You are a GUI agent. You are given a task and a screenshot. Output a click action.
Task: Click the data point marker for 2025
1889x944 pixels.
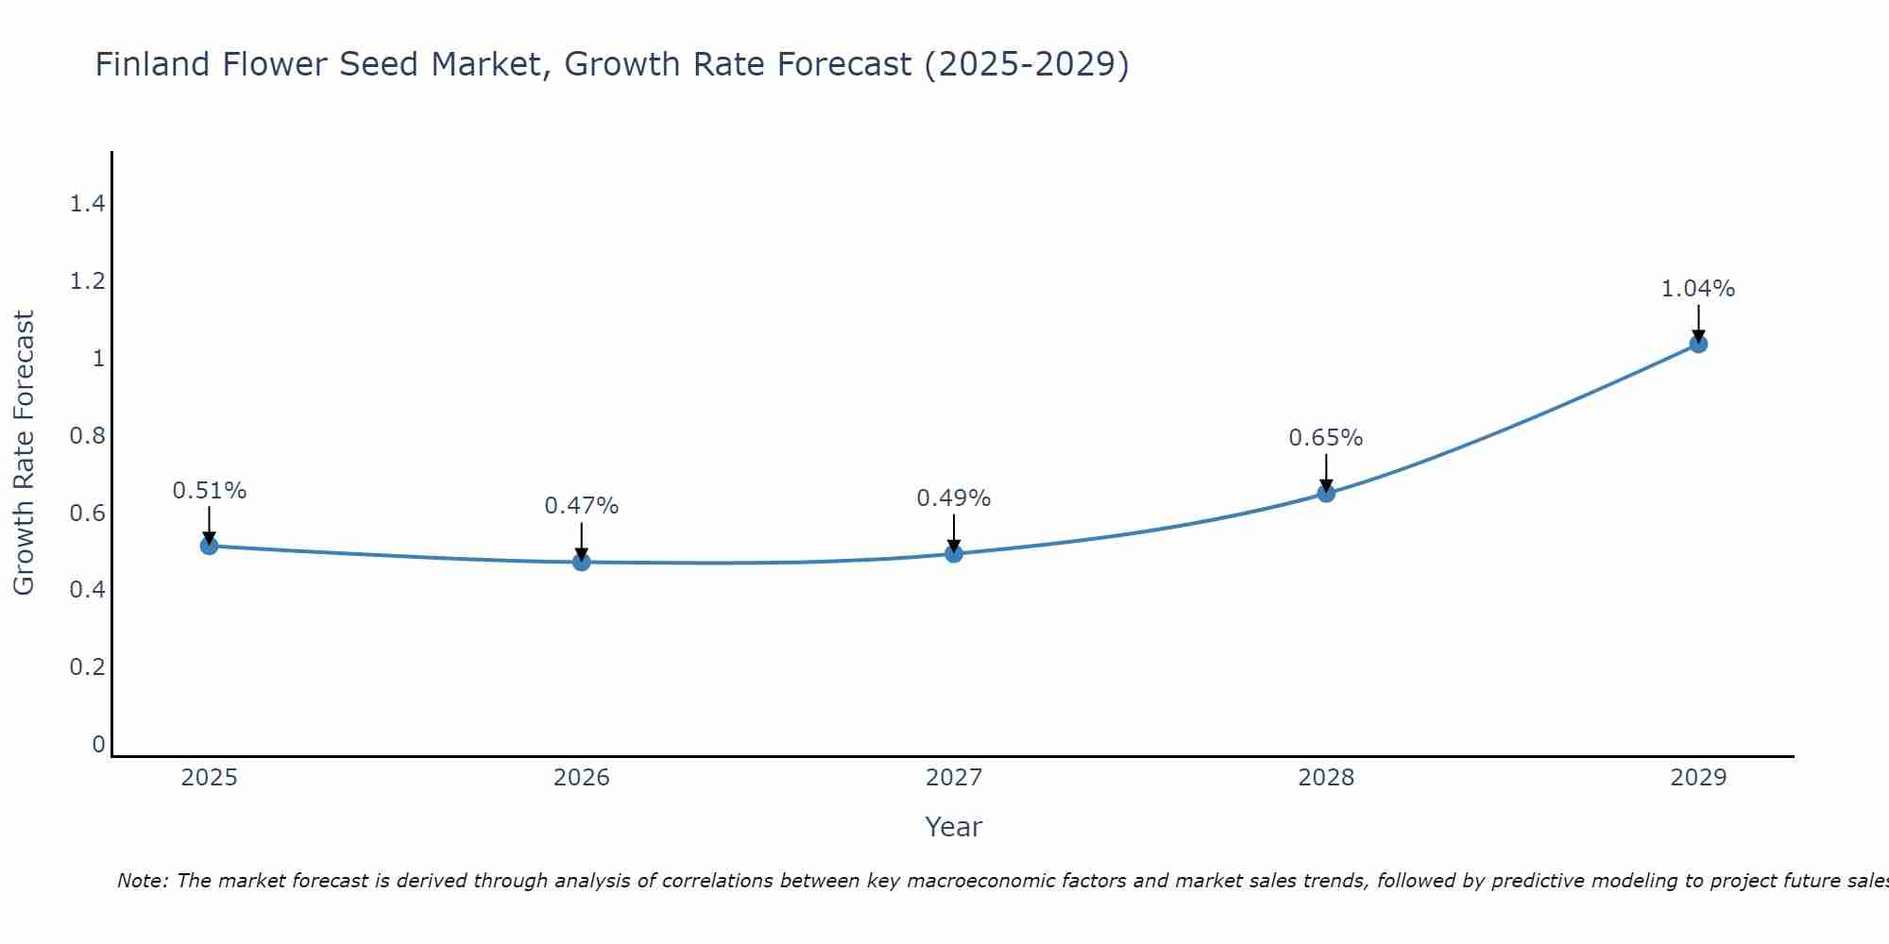[x=210, y=546]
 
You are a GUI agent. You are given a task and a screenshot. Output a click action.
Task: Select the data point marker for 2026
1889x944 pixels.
[x=582, y=562]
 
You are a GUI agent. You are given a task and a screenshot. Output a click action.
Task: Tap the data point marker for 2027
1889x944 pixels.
[x=954, y=553]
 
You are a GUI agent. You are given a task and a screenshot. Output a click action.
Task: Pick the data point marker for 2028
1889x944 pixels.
[x=1326, y=493]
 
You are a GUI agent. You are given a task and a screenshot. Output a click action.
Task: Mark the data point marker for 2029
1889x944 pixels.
[x=1698, y=344]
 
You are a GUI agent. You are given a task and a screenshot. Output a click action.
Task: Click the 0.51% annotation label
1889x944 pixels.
[x=210, y=491]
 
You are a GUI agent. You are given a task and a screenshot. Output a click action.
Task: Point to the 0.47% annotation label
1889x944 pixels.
[x=582, y=506]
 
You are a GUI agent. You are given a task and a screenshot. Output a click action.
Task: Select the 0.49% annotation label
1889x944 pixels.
[x=954, y=498]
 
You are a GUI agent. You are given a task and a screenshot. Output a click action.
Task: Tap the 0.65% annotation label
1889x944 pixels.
[x=1326, y=438]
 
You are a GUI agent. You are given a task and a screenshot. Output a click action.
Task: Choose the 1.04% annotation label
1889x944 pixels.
[x=1698, y=289]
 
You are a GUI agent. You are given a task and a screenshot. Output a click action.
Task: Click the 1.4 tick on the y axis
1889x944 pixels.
[x=87, y=203]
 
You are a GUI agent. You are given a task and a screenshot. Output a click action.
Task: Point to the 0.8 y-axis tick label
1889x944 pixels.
[x=87, y=435]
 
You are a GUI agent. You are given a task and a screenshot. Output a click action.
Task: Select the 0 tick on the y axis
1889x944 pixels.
[x=98, y=745]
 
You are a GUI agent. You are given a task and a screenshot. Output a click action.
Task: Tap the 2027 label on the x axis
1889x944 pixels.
[x=954, y=778]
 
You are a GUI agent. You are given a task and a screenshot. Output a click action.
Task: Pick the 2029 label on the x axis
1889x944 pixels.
[x=1698, y=778]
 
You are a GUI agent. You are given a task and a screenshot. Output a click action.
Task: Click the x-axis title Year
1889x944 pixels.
[x=954, y=827]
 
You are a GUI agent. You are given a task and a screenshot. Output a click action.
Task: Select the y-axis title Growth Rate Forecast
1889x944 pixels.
[x=24, y=453]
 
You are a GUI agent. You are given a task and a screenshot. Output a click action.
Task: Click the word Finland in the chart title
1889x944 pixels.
[x=152, y=64]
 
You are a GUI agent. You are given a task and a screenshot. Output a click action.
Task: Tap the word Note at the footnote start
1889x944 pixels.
[x=142, y=881]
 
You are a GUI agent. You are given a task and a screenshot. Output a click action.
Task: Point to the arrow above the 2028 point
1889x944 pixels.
[x=1326, y=472]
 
